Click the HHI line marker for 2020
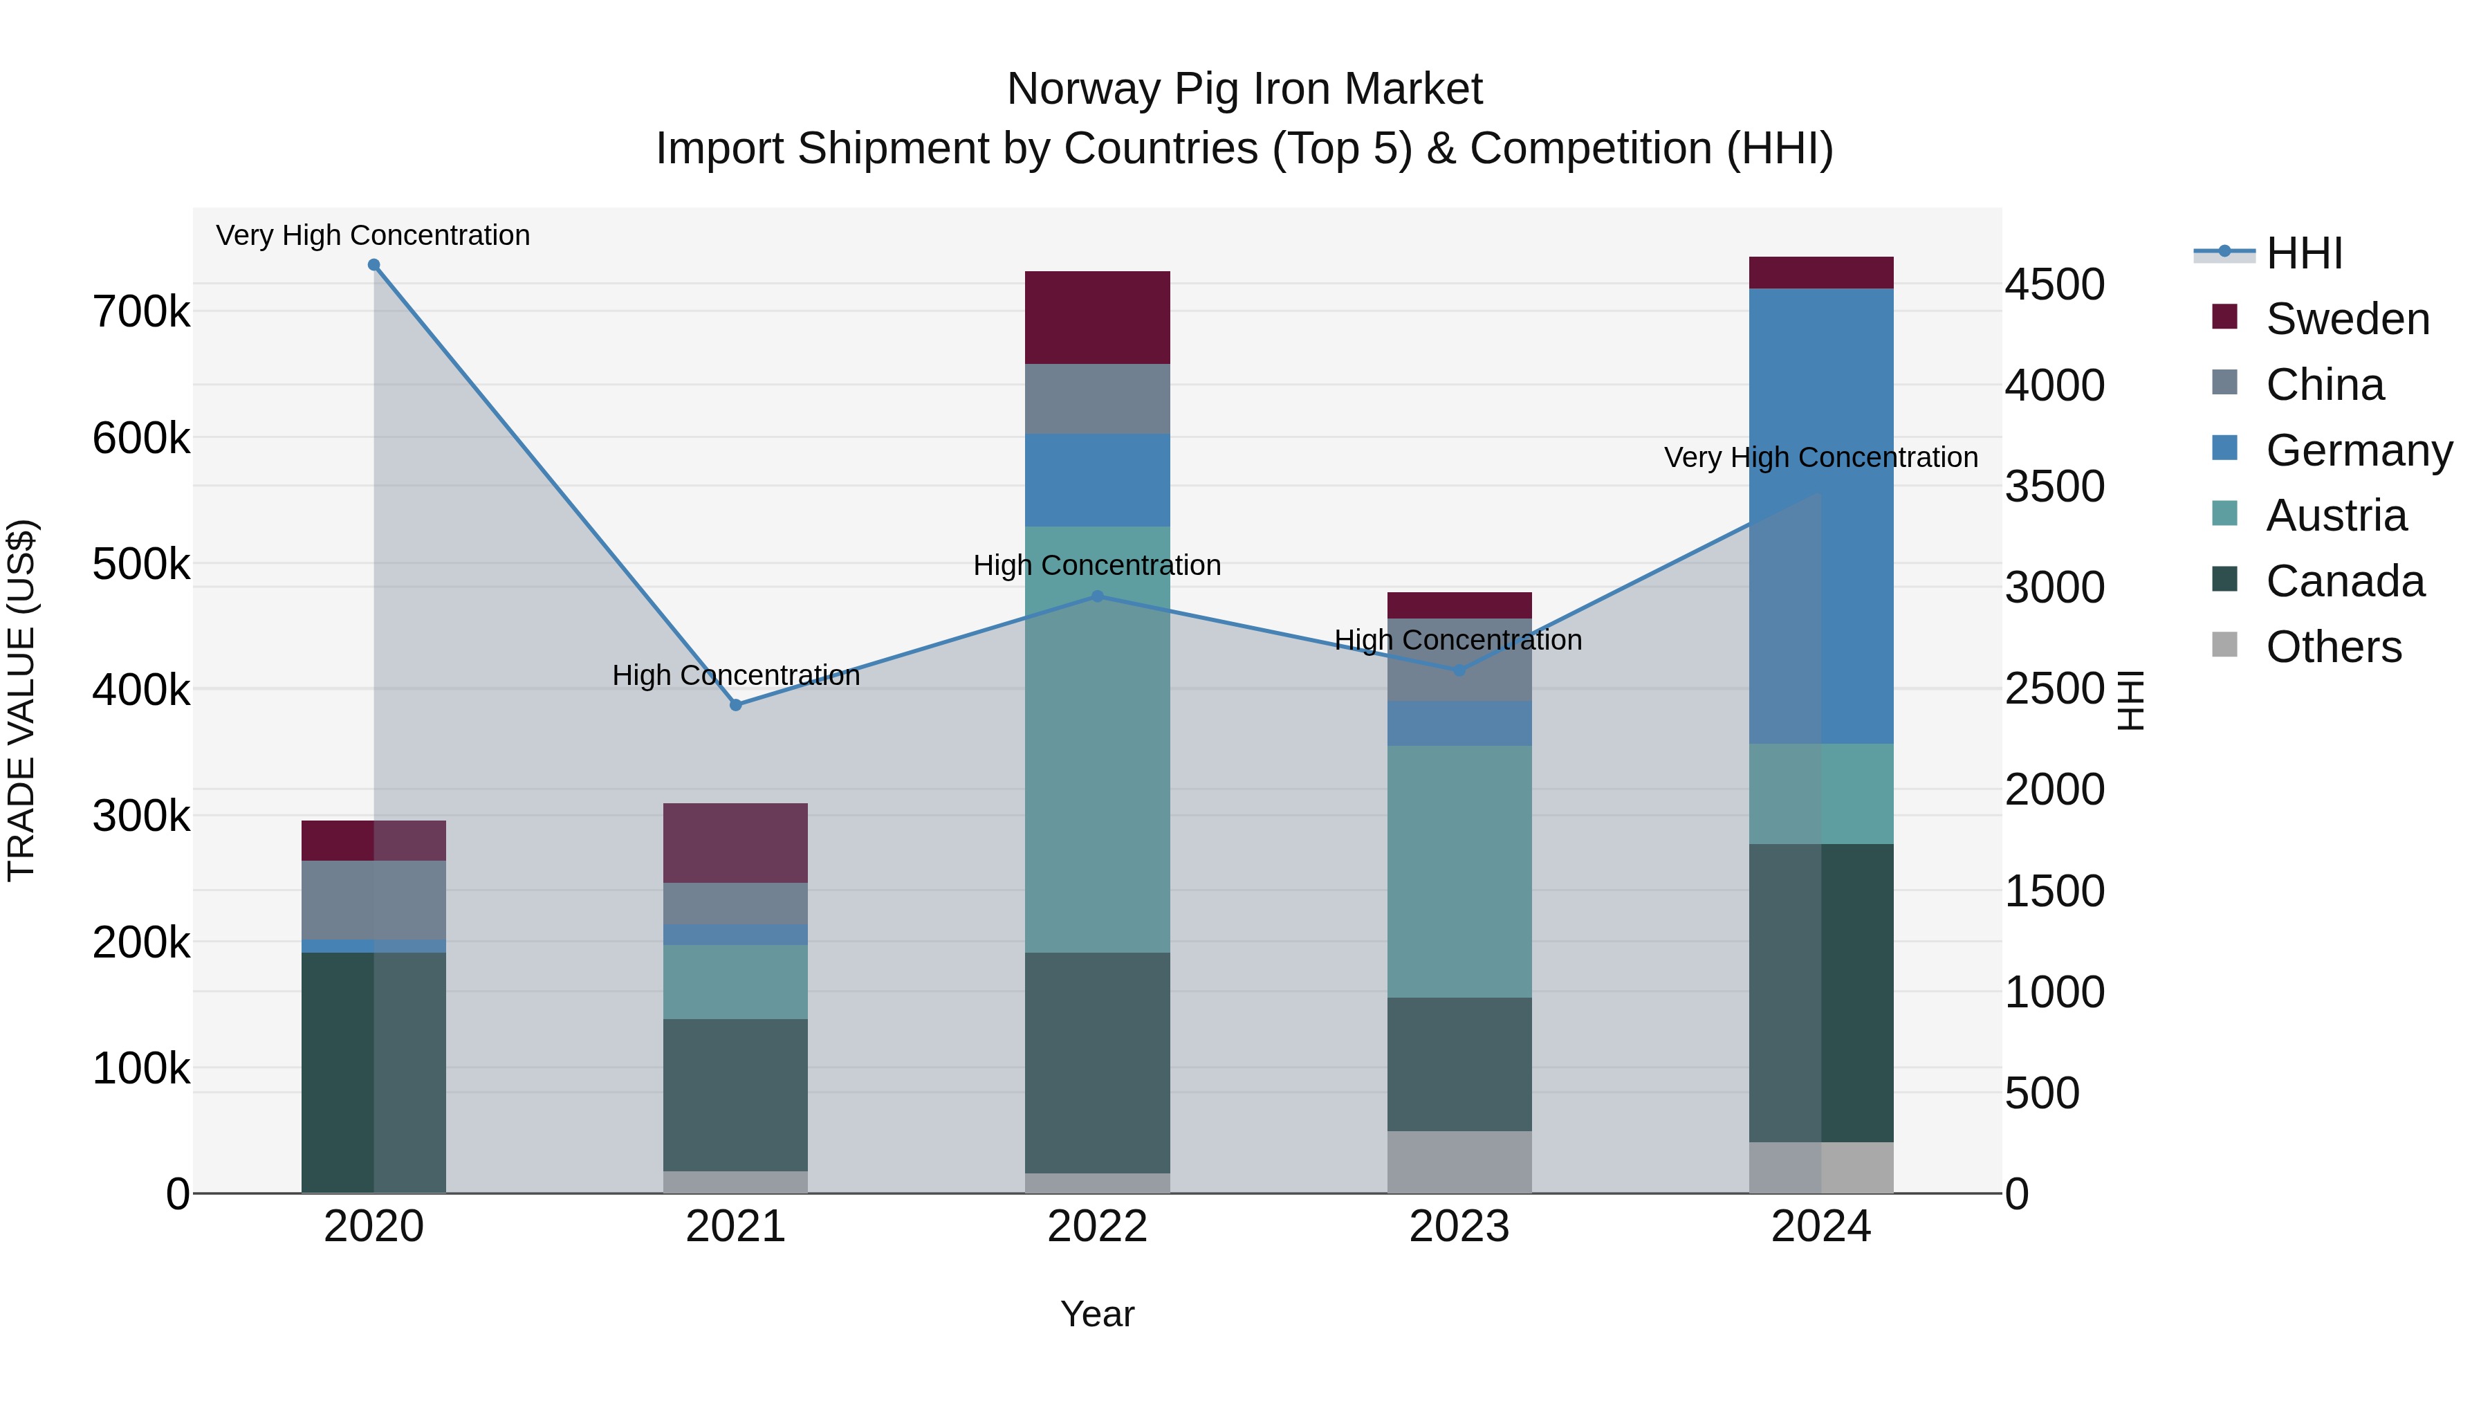click(x=374, y=265)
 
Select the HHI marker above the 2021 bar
click(x=736, y=705)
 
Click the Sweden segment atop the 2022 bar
click(x=1097, y=317)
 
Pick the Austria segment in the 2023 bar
click(x=1459, y=870)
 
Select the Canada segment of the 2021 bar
click(x=736, y=1095)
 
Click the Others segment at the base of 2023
click(x=1459, y=1161)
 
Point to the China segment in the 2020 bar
click(x=374, y=899)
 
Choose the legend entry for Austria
click(x=2334, y=515)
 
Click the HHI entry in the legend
click(x=2303, y=253)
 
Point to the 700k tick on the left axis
click(x=141, y=311)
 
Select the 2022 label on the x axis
click(x=1097, y=1227)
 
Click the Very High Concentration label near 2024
click(x=1820, y=457)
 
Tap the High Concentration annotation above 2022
click(x=1097, y=566)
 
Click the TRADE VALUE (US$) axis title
click(x=21, y=700)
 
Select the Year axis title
click(x=1097, y=1314)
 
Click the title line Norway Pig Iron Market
click(x=1244, y=89)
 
